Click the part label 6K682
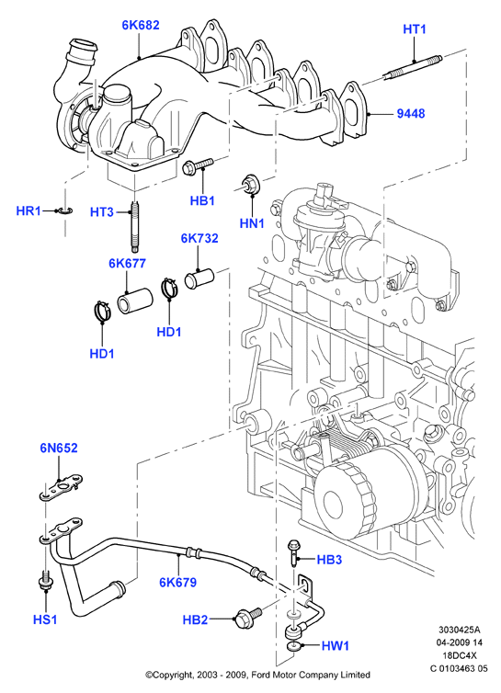[x=140, y=25]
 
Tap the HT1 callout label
[x=415, y=29]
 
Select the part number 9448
[x=411, y=114]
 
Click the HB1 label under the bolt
[x=202, y=200]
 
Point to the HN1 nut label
[x=252, y=223]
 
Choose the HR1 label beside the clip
[x=28, y=210]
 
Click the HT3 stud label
[x=102, y=212]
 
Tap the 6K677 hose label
[x=127, y=264]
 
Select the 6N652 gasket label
[x=59, y=448]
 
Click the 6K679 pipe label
[x=177, y=583]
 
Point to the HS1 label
[x=45, y=619]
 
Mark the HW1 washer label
[x=336, y=646]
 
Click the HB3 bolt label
[x=329, y=560]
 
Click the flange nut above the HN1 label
[x=250, y=185]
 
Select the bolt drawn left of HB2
[x=248, y=617]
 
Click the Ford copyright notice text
[x=257, y=675]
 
